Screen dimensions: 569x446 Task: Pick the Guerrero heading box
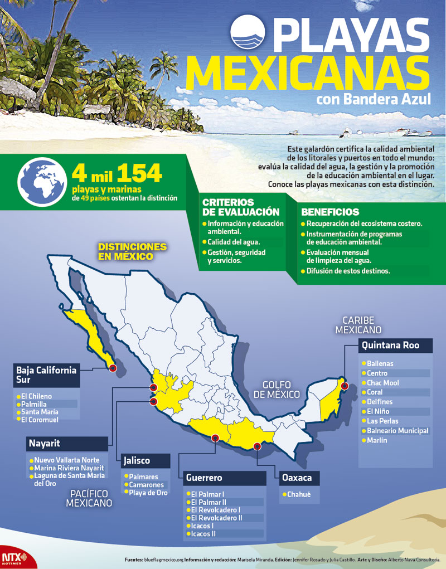click(x=224, y=478)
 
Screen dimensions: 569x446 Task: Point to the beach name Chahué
click(x=300, y=494)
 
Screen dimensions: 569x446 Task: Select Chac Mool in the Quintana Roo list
click(x=382, y=383)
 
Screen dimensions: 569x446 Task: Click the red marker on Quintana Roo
click(x=345, y=386)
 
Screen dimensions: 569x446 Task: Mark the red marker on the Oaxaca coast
click(x=257, y=446)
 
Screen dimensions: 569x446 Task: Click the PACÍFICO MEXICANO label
click(x=89, y=498)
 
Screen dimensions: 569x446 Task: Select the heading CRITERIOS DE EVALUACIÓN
click(x=241, y=207)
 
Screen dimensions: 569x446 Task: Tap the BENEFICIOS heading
click(x=330, y=212)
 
